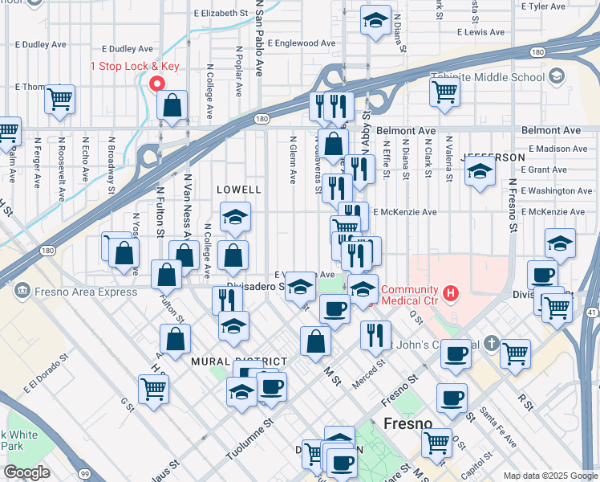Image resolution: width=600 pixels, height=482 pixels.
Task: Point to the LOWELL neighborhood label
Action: point(239,190)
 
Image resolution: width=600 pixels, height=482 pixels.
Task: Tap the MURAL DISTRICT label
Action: point(228,361)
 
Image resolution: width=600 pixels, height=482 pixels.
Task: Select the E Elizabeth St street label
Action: point(221,14)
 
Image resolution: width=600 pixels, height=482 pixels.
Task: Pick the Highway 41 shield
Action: point(592,311)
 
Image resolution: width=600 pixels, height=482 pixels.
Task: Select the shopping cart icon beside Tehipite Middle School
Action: point(444,91)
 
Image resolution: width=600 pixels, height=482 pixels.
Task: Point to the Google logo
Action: point(26,472)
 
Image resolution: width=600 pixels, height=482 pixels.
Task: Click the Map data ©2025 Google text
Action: point(549,476)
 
